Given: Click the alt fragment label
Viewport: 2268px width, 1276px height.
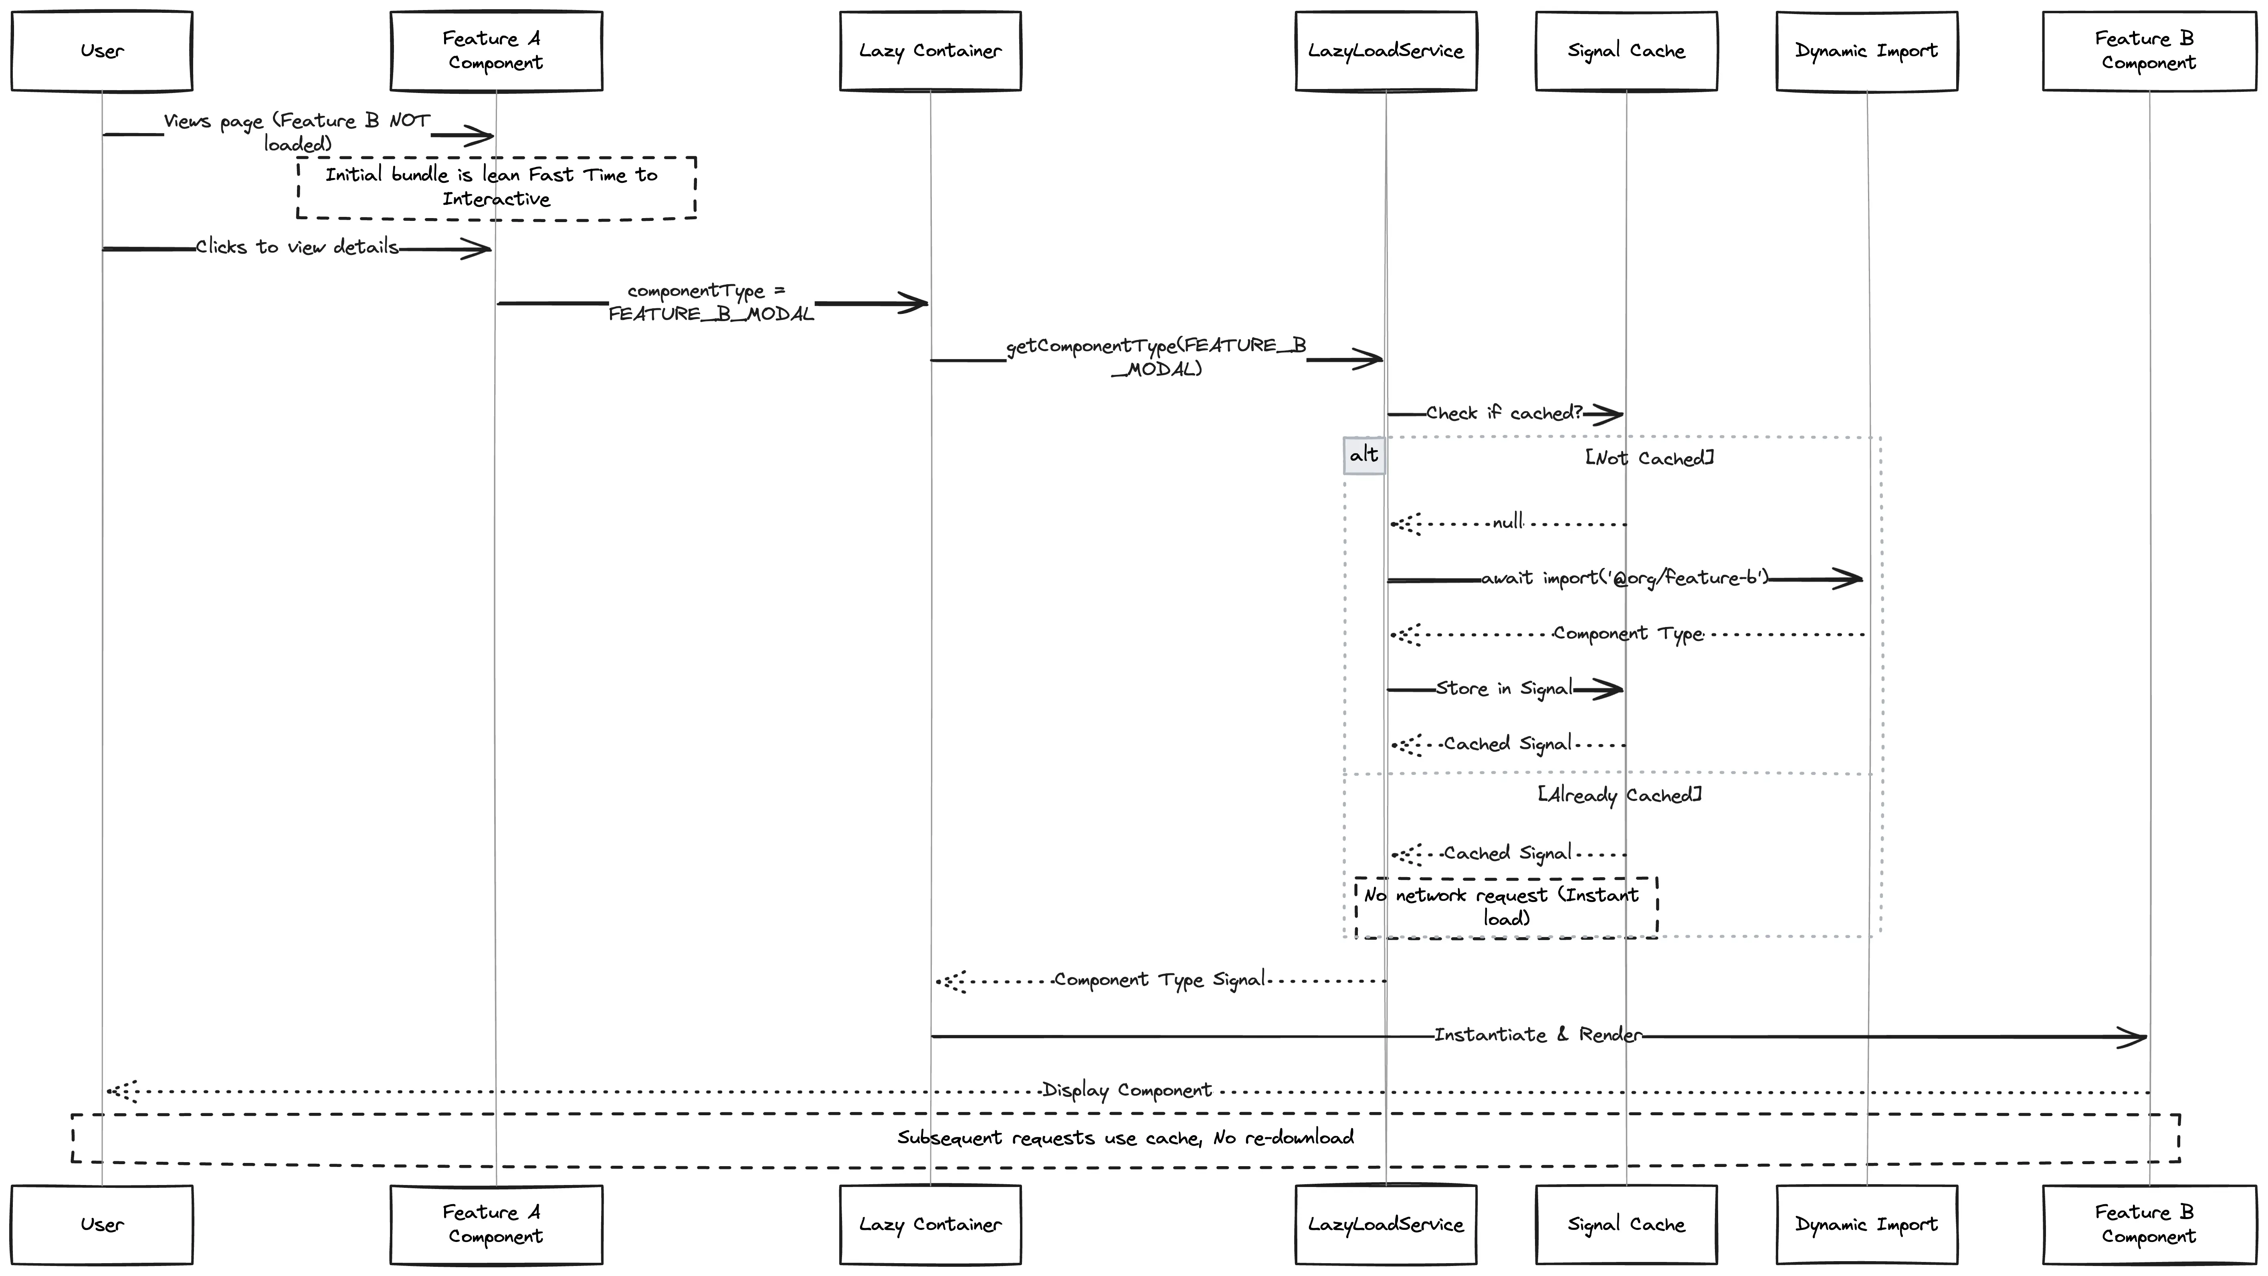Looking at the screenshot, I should (1364, 455).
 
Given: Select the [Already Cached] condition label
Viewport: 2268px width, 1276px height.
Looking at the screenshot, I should (1619, 795).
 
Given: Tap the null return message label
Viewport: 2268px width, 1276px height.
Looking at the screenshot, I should (1507, 522).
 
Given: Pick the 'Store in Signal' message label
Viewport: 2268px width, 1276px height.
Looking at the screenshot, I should (1504, 689).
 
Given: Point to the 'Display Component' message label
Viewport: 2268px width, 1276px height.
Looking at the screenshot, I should (1127, 1090).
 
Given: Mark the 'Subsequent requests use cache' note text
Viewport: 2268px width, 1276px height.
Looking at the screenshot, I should (1125, 1138).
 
